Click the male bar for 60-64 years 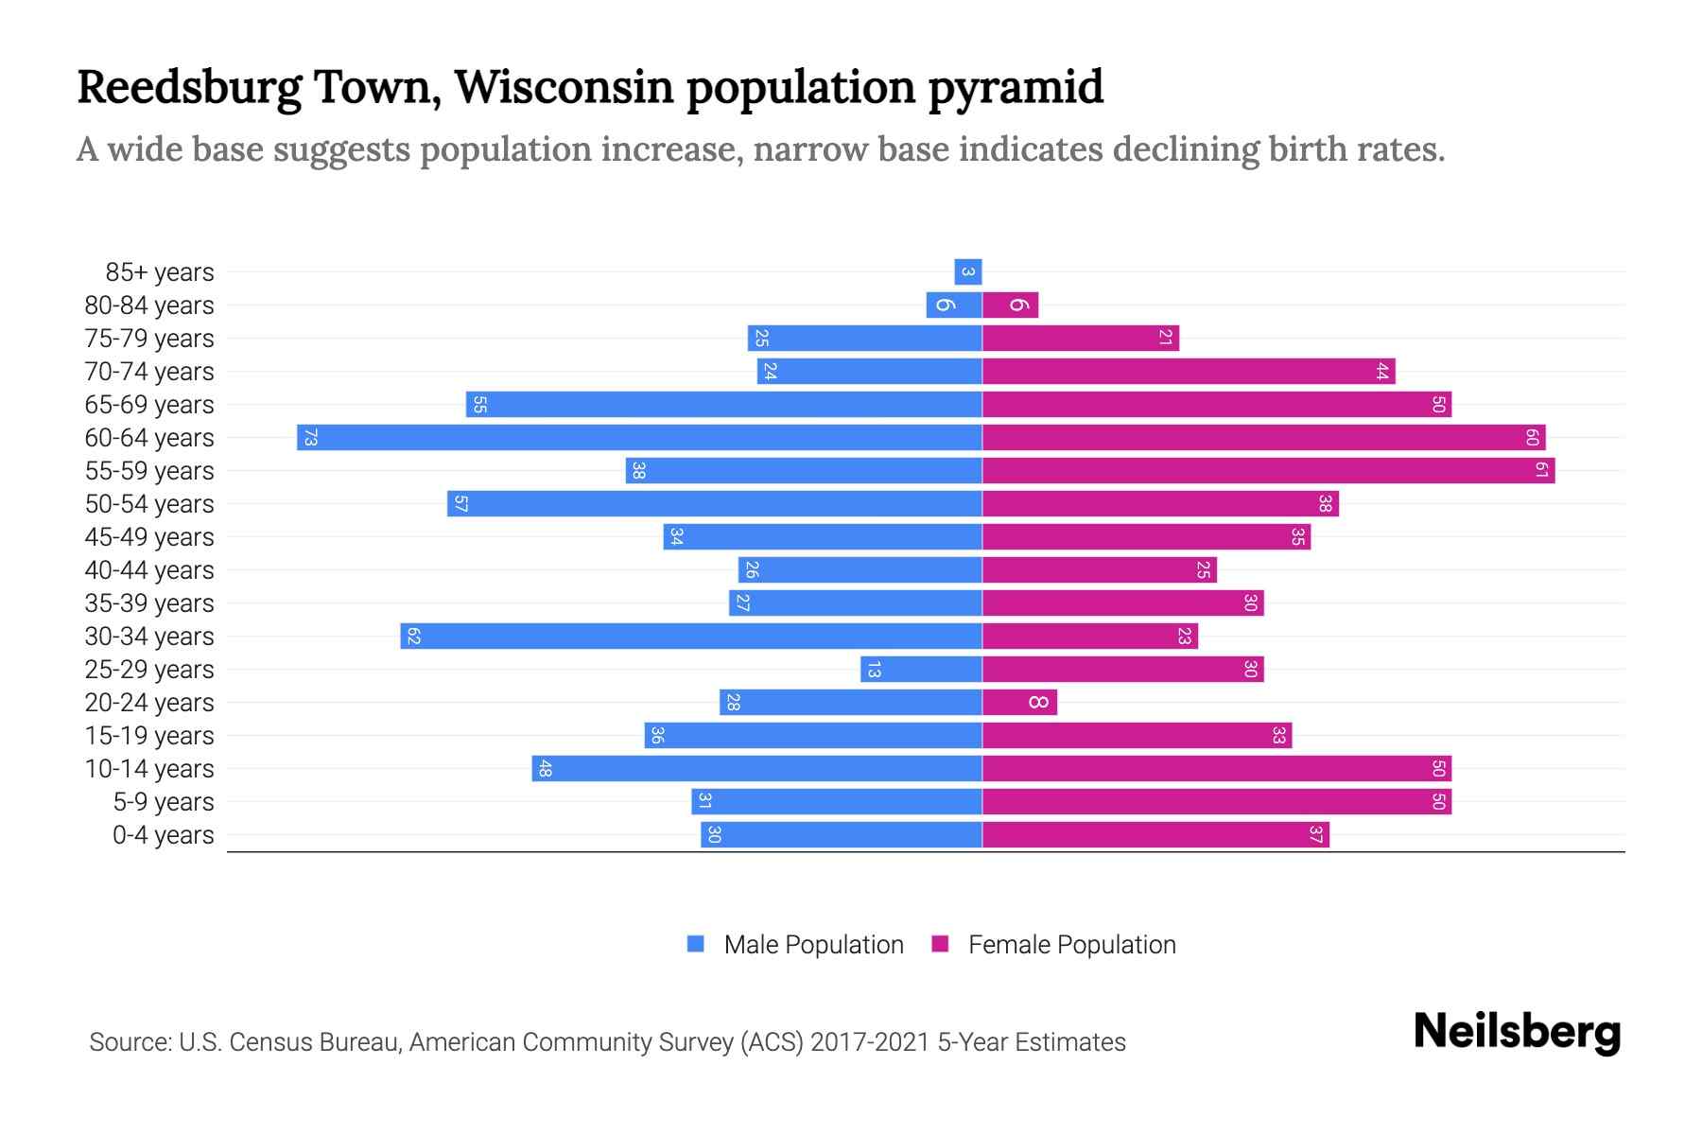639,437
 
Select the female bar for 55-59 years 1267,470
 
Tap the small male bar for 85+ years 968,271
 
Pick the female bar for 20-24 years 1019,702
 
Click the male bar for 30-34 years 690,636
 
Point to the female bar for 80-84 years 1010,305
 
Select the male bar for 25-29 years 921,669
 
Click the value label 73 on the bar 310,438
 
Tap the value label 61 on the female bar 1541,470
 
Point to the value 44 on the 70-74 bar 1381,372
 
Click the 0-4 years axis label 163,835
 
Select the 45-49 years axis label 149,537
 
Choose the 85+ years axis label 159,272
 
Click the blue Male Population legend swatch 696,944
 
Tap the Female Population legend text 1071,945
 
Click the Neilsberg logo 1517,1032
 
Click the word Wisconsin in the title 564,87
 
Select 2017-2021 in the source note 870,1042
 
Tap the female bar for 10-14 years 1216,768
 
